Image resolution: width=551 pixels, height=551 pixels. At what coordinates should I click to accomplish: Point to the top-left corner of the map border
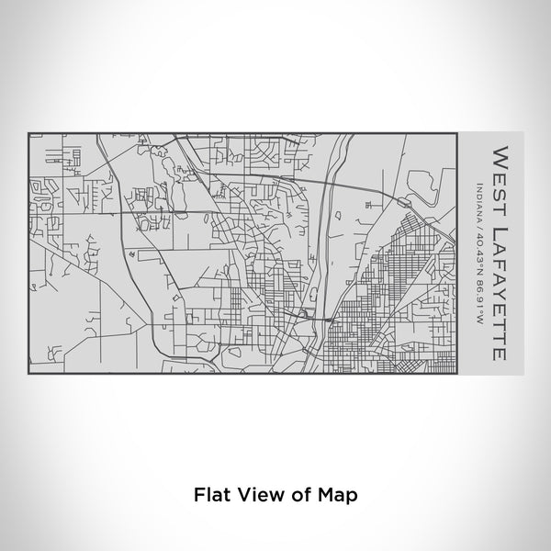click(28, 134)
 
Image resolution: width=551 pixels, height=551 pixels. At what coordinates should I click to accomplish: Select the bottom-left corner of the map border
click(28, 373)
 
